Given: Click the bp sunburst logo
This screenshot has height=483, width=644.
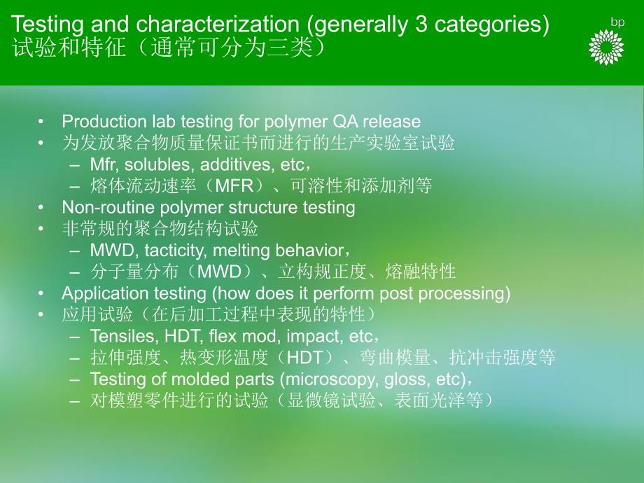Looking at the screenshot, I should coord(606,48).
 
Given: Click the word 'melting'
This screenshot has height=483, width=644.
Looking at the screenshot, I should coord(253,250).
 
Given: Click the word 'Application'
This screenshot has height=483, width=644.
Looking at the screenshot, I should coord(99,293).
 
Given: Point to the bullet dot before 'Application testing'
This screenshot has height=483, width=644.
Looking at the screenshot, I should coord(43,293).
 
